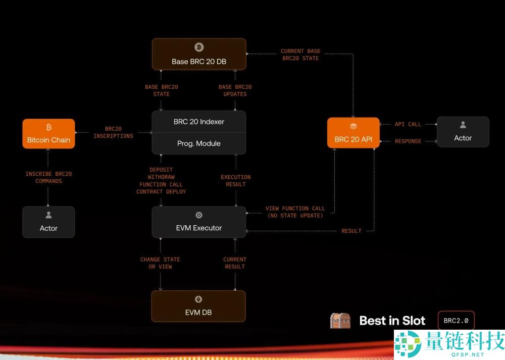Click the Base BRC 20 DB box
point(199,54)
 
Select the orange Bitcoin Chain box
point(48,134)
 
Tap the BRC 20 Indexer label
point(199,122)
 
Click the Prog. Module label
point(199,143)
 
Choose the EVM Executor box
point(199,222)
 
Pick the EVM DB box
point(198,306)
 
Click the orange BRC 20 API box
point(353,133)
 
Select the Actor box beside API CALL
point(463,132)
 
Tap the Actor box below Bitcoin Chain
point(48,222)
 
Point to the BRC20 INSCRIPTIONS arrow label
point(114,132)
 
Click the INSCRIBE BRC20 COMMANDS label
point(48,178)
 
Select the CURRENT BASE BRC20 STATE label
point(300,55)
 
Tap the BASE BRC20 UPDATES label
point(235,90)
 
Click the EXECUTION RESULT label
point(236,181)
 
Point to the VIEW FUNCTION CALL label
point(295,212)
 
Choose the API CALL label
point(408,124)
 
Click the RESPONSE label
point(408,141)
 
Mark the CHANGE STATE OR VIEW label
point(160,263)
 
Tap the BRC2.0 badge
point(456,321)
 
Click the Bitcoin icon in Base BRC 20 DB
point(199,47)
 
